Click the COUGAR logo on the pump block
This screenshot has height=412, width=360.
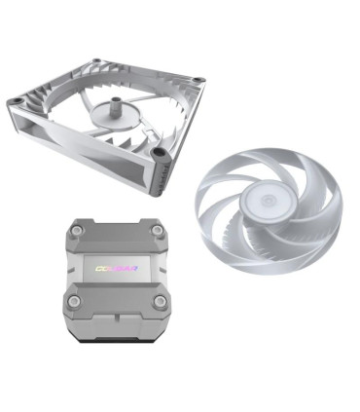pyautogui.click(x=114, y=264)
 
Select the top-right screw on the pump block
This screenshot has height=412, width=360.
pyautogui.click(x=157, y=231)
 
